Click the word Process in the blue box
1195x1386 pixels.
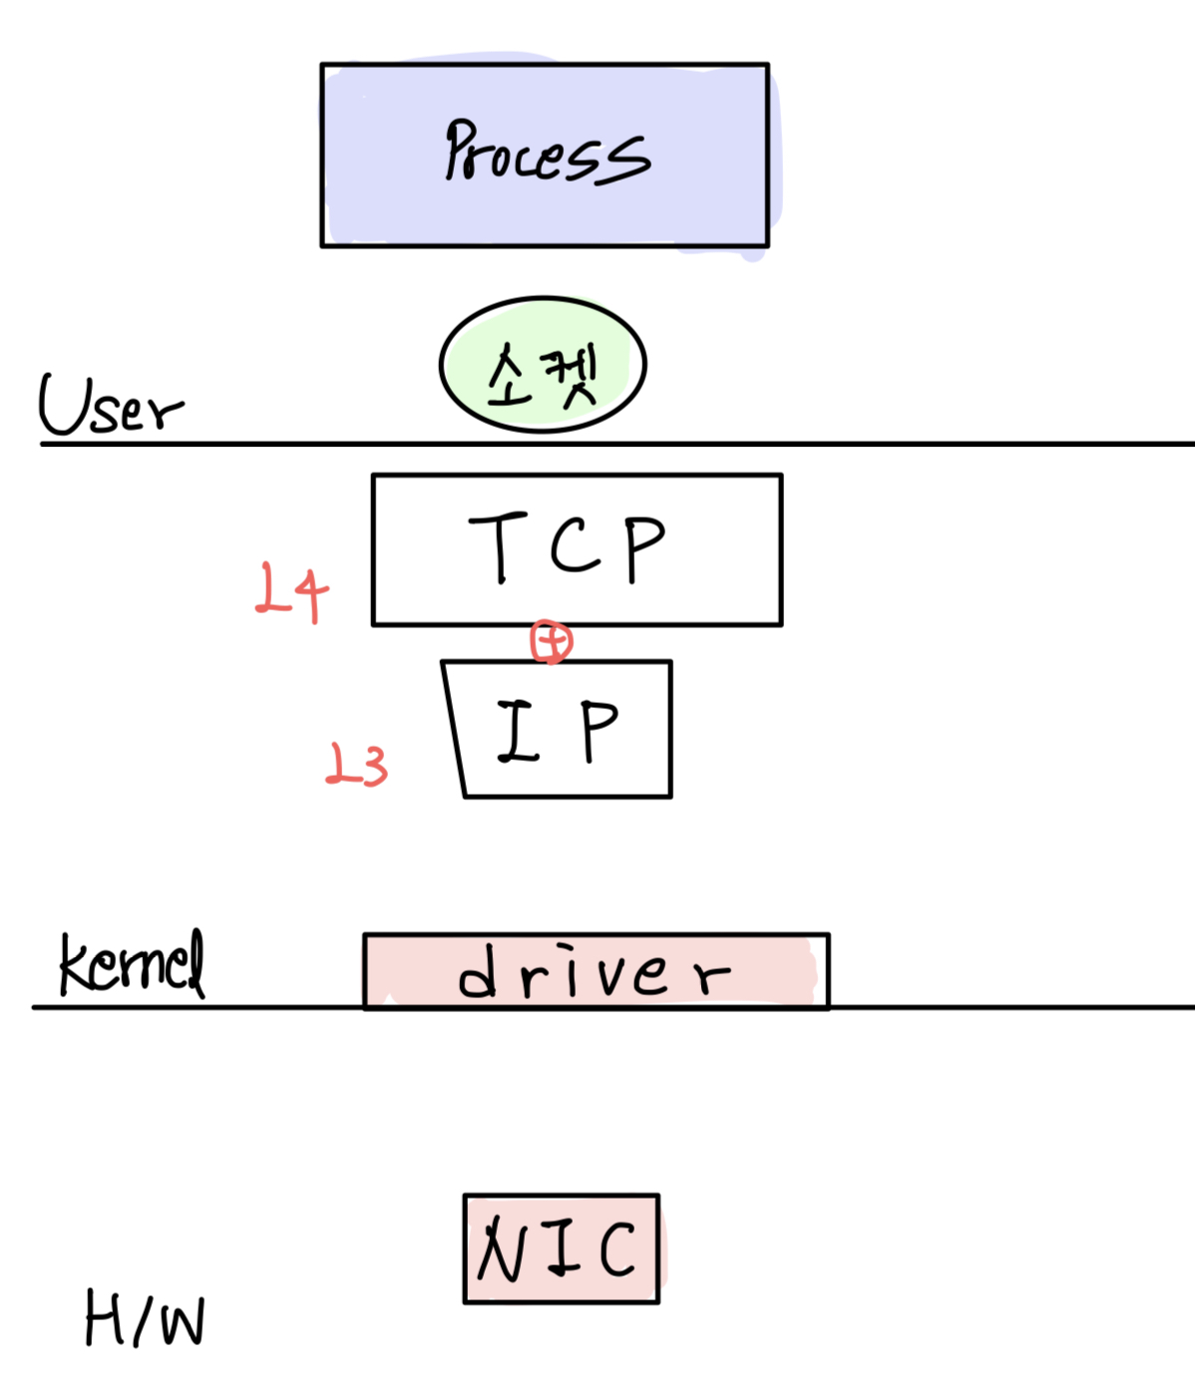[x=547, y=153]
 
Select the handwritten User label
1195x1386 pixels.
[x=110, y=406]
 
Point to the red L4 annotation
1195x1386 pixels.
[x=290, y=591]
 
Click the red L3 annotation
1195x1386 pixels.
[x=357, y=766]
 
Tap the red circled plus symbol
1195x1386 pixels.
[x=552, y=641]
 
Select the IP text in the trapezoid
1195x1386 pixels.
[x=559, y=731]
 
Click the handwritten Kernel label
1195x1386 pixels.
[x=132, y=963]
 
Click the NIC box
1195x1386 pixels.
[x=561, y=1248]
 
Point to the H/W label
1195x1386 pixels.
[x=145, y=1318]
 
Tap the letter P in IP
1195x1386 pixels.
[x=599, y=731]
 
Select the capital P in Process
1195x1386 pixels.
[x=462, y=150]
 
